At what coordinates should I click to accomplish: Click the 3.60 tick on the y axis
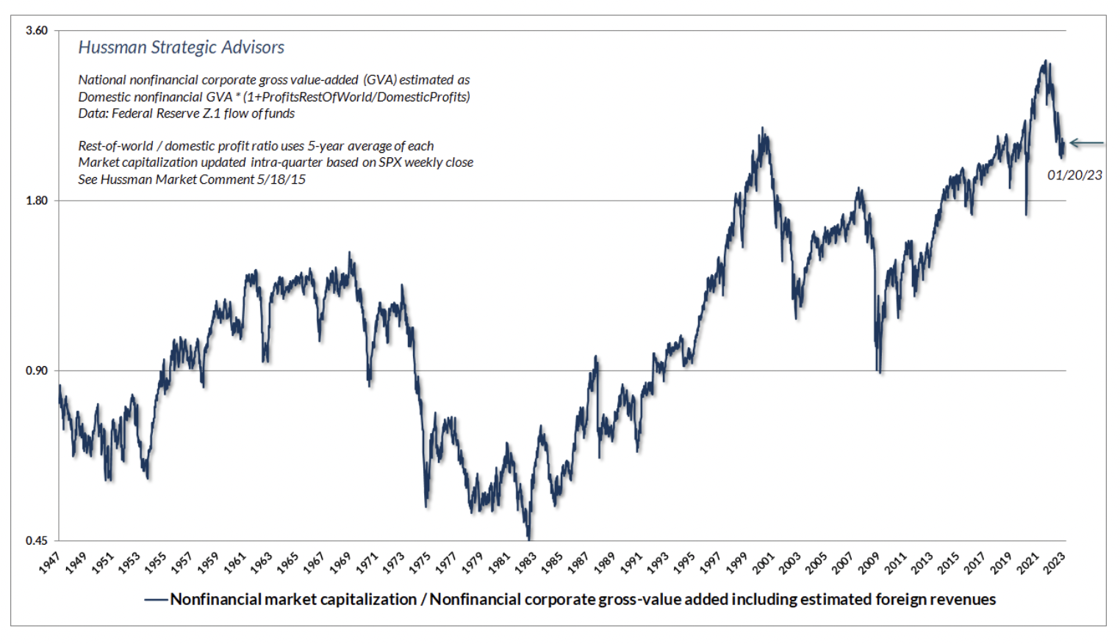point(36,30)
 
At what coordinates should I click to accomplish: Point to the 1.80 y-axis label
point(36,201)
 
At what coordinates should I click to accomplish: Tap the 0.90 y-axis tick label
point(36,371)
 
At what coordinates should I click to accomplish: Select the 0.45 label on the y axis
point(36,541)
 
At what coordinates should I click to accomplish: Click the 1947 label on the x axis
point(50,562)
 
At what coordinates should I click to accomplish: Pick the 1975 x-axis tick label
point(420,562)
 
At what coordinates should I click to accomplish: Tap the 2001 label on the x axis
point(764,562)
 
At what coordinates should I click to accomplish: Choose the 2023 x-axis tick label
point(1055,562)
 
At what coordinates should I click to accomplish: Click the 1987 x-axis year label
point(579,562)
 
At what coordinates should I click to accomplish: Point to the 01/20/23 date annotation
point(1074,175)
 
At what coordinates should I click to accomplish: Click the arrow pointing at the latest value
point(1086,143)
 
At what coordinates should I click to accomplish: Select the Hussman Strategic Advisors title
point(181,47)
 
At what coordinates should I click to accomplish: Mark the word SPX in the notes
point(387,162)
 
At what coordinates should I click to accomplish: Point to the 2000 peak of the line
point(763,129)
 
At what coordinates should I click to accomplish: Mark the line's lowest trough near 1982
point(528,539)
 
